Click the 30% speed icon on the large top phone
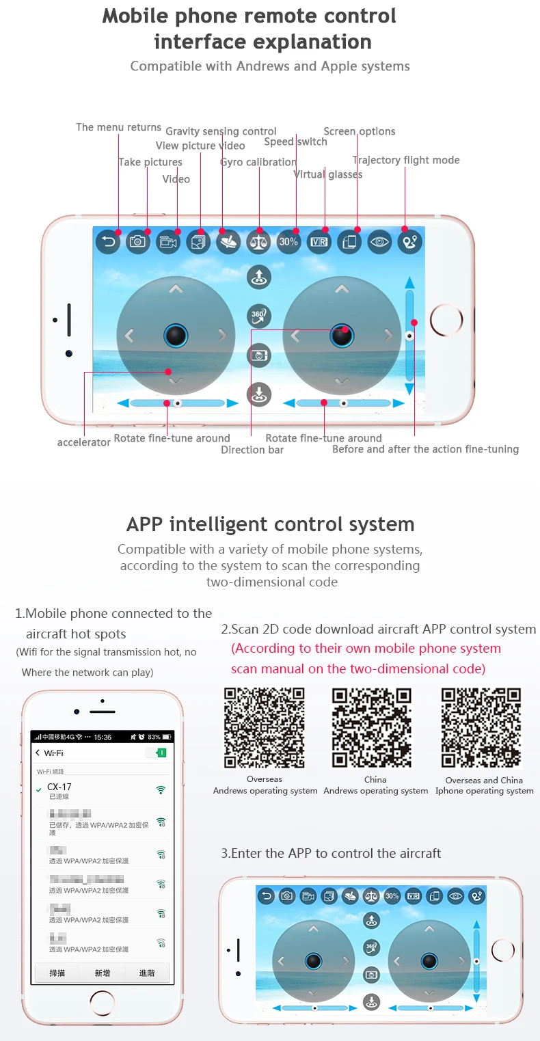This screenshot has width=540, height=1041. [x=288, y=241]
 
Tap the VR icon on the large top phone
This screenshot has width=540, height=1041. [x=319, y=241]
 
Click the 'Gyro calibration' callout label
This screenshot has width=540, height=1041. [x=258, y=162]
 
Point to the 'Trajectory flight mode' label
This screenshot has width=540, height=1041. [x=406, y=160]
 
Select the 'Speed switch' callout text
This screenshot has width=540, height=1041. [x=295, y=141]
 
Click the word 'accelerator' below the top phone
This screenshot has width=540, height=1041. [x=83, y=442]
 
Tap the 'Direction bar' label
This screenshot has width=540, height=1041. [x=252, y=450]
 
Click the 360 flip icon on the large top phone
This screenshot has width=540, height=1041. [x=259, y=316]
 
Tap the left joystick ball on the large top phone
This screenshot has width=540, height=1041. [x=176, y=335]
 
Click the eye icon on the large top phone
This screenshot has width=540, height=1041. [x=379, y=241]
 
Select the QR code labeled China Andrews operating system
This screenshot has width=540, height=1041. [x=372, y=728]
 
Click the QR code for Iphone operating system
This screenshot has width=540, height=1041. [x=482, y=728]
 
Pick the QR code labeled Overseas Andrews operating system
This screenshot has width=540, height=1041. [x=265, y=728]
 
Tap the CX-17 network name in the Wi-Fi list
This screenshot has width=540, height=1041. [x=59, y=787]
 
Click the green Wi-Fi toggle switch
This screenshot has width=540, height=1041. [x=156, y=753]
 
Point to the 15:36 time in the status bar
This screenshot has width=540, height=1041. [x=103, y=738]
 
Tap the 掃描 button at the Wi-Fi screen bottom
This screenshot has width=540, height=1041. [x=57, y=973]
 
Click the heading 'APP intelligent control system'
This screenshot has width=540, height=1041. [x=270, y=524]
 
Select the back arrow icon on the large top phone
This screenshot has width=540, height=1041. [x=108, y=241]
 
